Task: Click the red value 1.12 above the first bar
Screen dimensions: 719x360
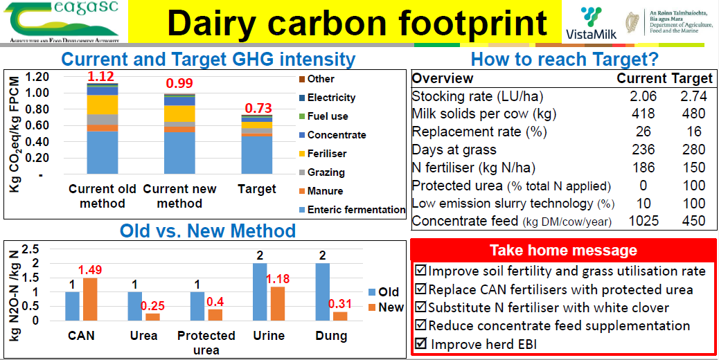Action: point(101,76)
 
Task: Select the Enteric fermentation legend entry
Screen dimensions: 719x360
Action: point(352,210)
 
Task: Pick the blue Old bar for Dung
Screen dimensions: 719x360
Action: point(322,291)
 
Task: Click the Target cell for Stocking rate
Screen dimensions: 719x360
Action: point(693,96)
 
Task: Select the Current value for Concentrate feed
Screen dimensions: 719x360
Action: point(643,221)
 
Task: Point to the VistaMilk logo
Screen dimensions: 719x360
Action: point(591,22)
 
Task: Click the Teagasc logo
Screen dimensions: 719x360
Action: point(63,21)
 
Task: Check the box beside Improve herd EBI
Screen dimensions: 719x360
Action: point(420,343)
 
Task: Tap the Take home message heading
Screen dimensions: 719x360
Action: point(563,250)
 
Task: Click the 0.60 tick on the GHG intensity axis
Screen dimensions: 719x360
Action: point(37,125)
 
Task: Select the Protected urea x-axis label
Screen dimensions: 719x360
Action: point(206,343)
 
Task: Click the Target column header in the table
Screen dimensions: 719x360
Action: point(693,78)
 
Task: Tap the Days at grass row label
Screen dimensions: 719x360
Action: point(454,150)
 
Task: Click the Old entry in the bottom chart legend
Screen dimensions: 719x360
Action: point(384,291)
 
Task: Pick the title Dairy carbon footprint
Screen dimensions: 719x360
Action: point(357,22)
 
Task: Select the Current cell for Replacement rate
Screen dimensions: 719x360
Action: point(643,132)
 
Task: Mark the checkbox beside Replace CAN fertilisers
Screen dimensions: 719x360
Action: point(420,289)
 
